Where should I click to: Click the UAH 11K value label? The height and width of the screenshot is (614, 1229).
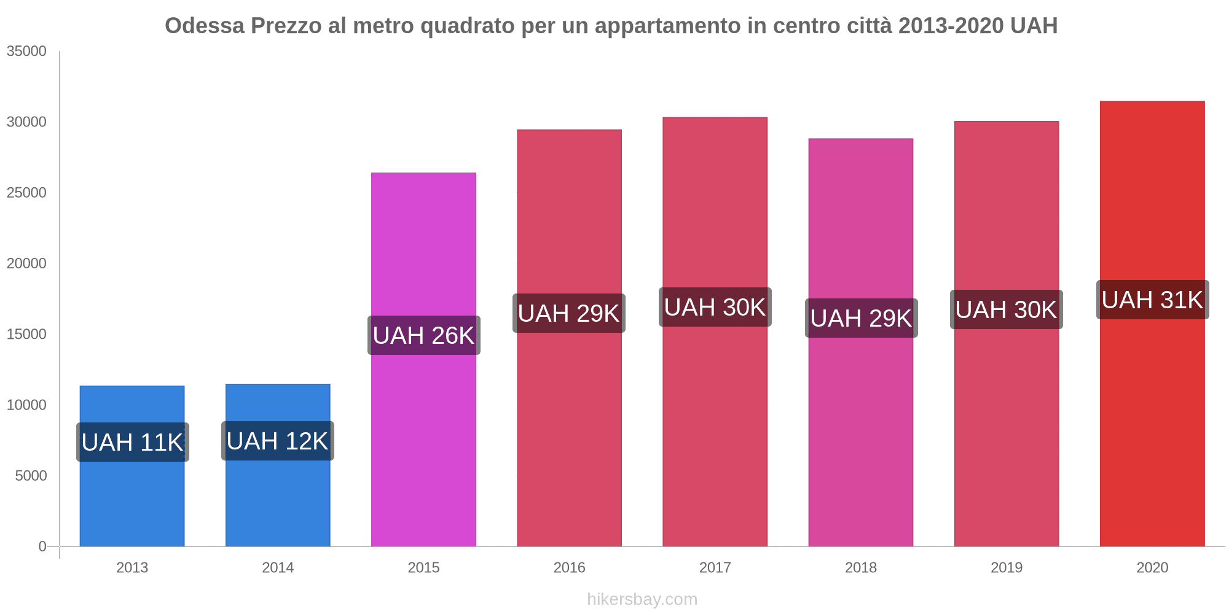tap(133, 442)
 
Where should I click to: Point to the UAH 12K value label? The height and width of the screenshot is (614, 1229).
tap(278, 441)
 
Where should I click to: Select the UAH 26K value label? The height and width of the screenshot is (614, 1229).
tap(424, 335)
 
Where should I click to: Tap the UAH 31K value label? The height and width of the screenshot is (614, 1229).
tap(1152, 300)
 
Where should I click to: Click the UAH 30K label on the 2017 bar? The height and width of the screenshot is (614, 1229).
tap(715, 307)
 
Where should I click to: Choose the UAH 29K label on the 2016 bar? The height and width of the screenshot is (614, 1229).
tap(569, 313)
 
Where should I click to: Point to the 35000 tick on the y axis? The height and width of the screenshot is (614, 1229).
tap(27, 52)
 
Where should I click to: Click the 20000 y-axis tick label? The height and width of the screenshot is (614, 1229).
tap(27, 264)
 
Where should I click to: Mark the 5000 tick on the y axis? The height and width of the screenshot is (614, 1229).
tap(31, 476)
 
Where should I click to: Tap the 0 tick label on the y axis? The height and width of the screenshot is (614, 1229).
tap(42, 546)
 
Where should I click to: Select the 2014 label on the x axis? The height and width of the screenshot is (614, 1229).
tap(278, 567)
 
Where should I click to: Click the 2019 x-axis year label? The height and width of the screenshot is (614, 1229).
tap(1007, 567)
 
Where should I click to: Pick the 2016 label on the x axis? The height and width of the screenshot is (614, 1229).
tap(569, 567)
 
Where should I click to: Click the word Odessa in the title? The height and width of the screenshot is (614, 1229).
tap(205, 26)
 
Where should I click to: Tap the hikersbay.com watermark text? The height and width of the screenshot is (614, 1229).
tap(642, 599)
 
